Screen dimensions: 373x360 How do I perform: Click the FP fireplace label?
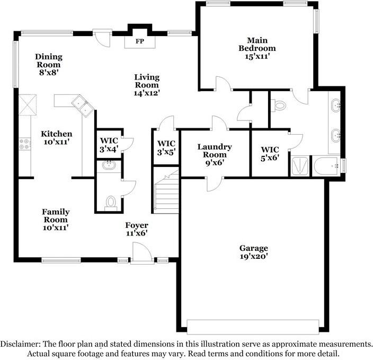(140, 41)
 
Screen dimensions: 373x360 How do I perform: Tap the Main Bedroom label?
(257, 45)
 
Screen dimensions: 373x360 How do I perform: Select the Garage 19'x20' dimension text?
(254, 256)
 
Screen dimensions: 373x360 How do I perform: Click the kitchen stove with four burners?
(25, 144)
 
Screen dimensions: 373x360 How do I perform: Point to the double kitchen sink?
(83, 106)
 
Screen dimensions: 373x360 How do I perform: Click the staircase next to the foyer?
(166, 192)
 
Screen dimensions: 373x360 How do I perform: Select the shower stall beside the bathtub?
(300, 166)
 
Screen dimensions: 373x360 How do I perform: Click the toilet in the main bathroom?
(278, 105)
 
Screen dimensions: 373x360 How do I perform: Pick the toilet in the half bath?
(111, 203)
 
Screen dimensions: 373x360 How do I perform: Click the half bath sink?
(109, 165)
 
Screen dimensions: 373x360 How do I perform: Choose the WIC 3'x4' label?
(109, 145)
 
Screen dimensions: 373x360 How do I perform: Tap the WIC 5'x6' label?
(270, 154)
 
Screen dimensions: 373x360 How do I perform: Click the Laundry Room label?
(215, 151)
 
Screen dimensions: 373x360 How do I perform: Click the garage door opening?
(253, 327)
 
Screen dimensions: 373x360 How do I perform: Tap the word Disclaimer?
(20, 344)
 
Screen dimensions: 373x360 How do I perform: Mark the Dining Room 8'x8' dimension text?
(49, 73)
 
